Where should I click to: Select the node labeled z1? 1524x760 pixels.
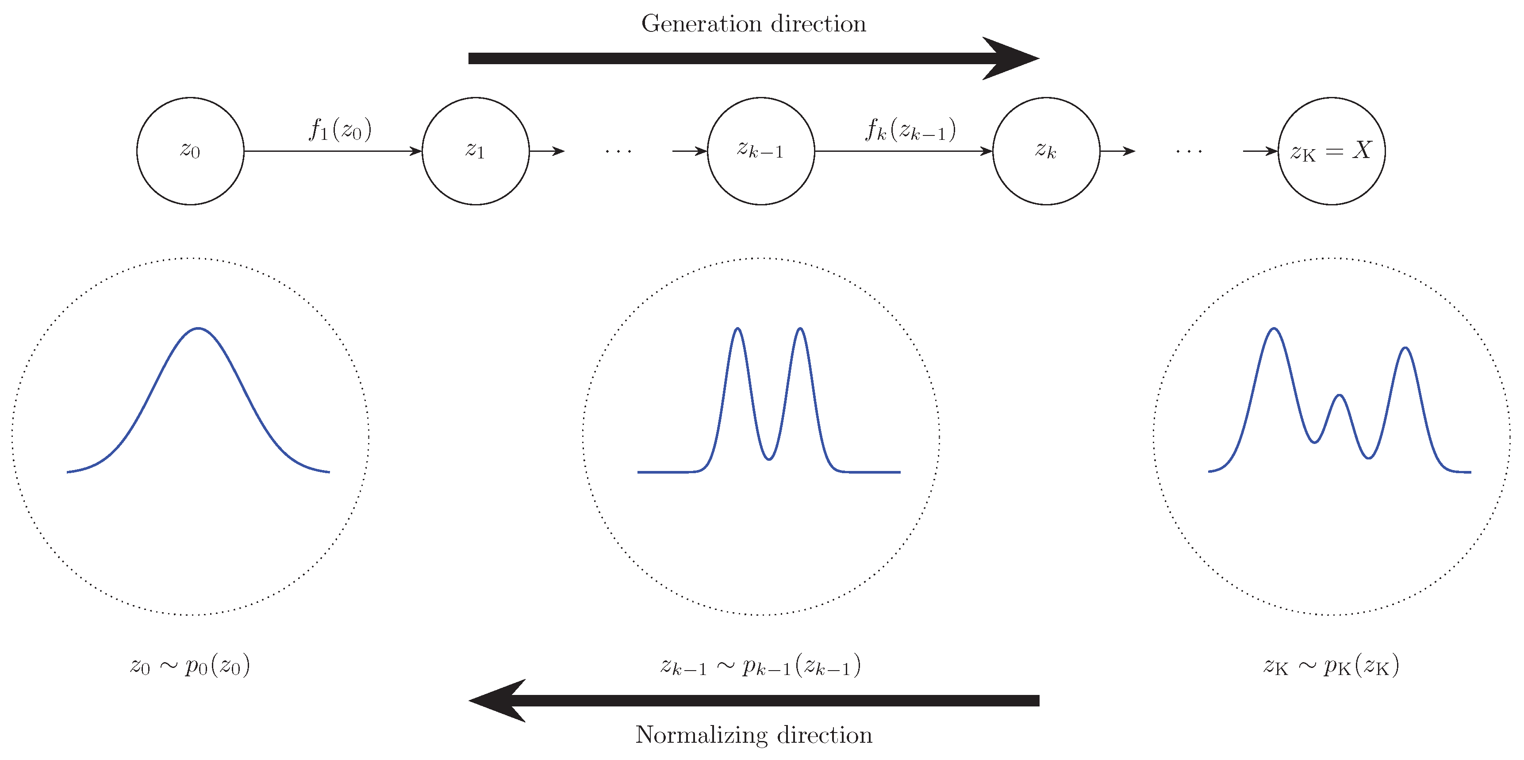(x=476, y=151)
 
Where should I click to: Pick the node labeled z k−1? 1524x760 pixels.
(x=761, y=151)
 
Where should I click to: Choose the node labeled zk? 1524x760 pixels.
(x=1046, y=151)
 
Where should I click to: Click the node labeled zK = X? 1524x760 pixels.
(x=1331, y=151)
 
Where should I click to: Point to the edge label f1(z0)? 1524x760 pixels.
(x=340, y=129)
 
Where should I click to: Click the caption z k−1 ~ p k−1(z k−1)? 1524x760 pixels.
(x=761, y=666)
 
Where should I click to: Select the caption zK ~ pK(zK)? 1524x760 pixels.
(x=1331, y=666)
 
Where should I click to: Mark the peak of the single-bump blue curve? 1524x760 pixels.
(x=198, y=328)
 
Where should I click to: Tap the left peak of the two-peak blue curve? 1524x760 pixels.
(x=737, y=329)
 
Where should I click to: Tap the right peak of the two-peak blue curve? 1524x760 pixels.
(x=800, y=329)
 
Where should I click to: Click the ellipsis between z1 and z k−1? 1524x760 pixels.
(x=618, y=151)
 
